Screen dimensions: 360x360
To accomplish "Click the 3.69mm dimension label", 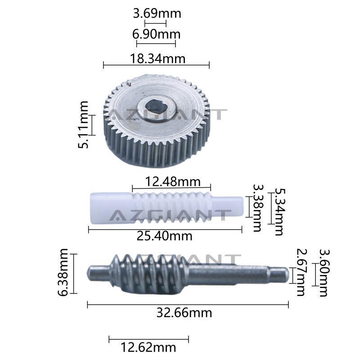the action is click(157, 13).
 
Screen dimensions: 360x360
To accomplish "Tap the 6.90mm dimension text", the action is click(156, 34).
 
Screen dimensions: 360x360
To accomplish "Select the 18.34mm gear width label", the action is click(158, 58).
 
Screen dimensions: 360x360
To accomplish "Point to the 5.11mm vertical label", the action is click(83, 125).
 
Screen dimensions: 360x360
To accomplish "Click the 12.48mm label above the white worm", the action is click(173, 182).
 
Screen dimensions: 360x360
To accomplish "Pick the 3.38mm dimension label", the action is click(257, 208).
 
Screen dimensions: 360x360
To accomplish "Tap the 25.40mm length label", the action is click(164, 236).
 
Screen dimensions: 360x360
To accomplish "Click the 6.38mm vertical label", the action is click(63, 272).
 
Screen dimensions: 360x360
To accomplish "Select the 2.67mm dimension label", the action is click(301, 272).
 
